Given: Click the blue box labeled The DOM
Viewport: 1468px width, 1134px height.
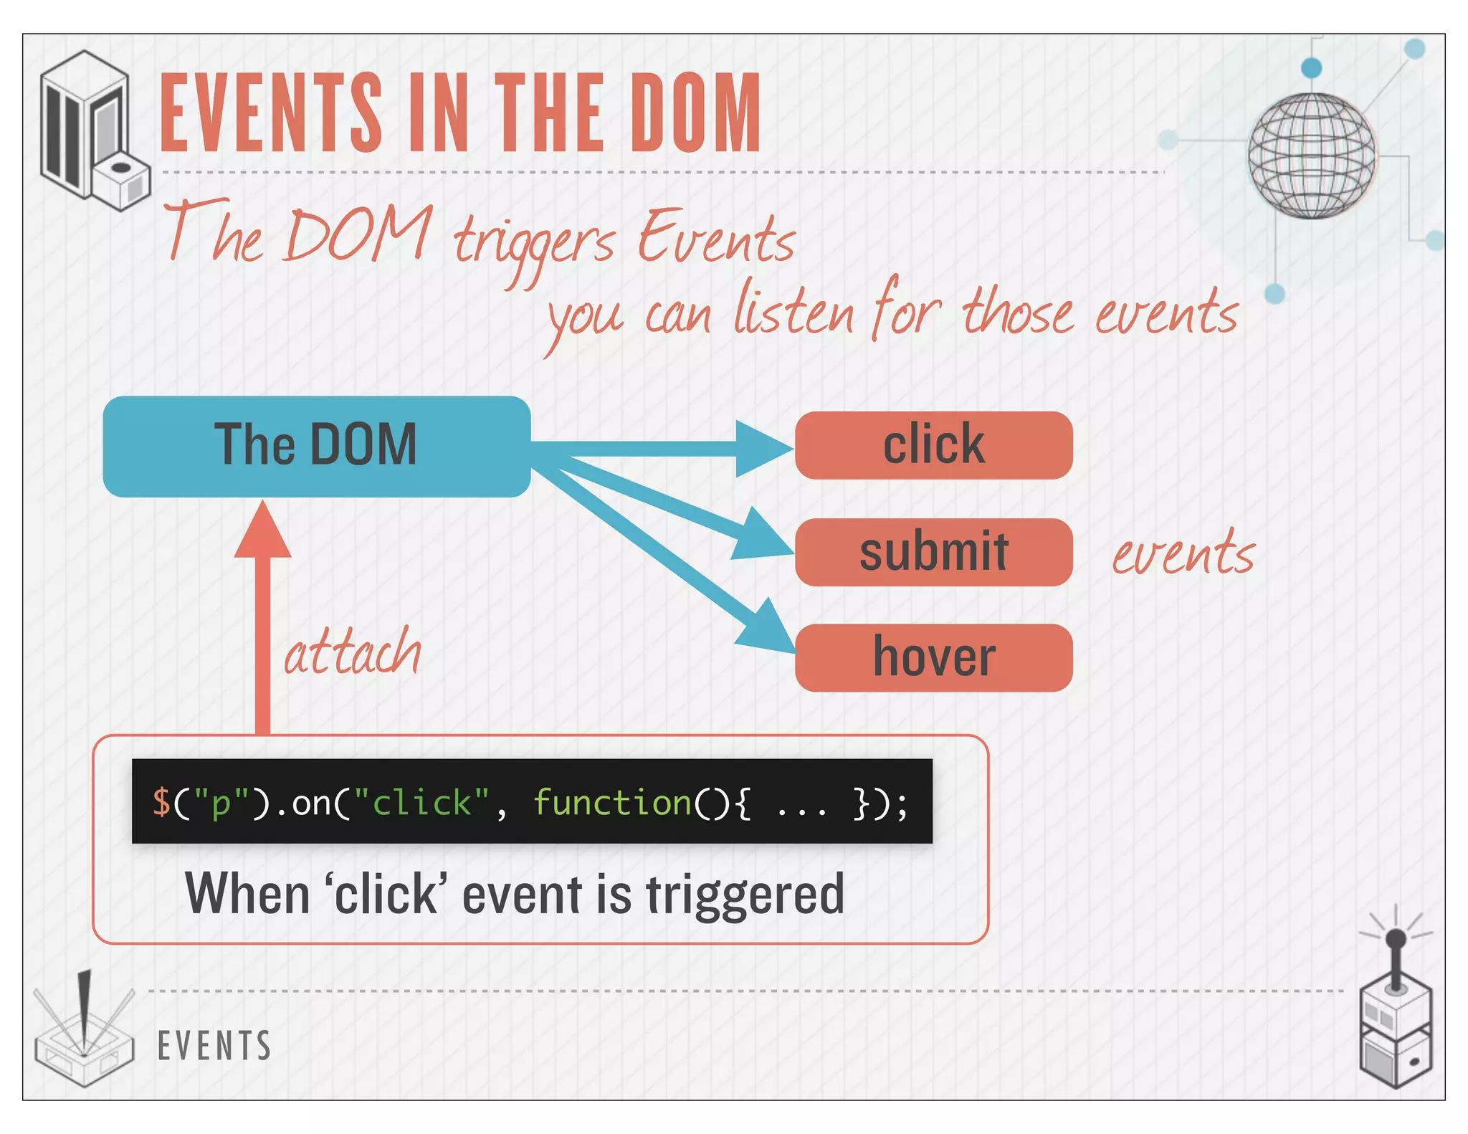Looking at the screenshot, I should [316, 446].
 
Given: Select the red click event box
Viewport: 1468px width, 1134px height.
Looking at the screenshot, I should [933, 445].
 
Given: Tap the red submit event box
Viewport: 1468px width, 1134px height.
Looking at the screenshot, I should [933, 552].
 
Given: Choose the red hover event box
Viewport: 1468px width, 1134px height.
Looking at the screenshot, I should [933, 657].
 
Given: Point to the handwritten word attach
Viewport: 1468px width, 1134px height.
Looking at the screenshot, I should [353, 652].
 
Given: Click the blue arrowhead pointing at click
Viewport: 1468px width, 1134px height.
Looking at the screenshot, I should [762, 449].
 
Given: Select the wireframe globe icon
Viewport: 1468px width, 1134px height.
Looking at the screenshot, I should [1311, 156].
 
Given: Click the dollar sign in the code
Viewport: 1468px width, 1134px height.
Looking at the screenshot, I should [161, 802].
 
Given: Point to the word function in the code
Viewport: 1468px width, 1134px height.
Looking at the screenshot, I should [611, 802].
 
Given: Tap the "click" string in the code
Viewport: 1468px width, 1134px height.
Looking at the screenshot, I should [421, 802].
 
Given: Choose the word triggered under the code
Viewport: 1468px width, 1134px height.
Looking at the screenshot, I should [745, 895].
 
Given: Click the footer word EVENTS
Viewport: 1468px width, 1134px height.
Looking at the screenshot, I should [214, 1046].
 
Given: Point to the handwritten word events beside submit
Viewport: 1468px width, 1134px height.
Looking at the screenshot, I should [1183, 554].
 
